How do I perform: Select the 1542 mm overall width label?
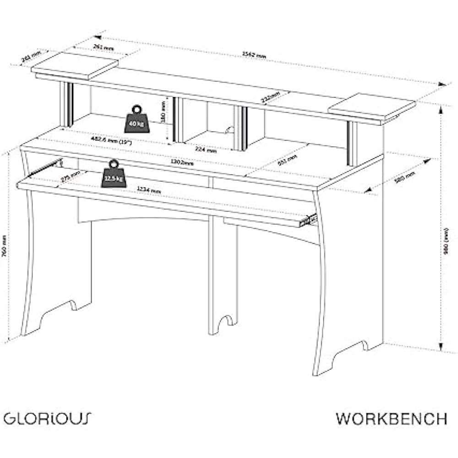255,54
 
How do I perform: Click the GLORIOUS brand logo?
48,418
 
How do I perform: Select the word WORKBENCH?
391,418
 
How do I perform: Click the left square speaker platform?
75,65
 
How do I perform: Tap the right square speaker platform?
371,107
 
